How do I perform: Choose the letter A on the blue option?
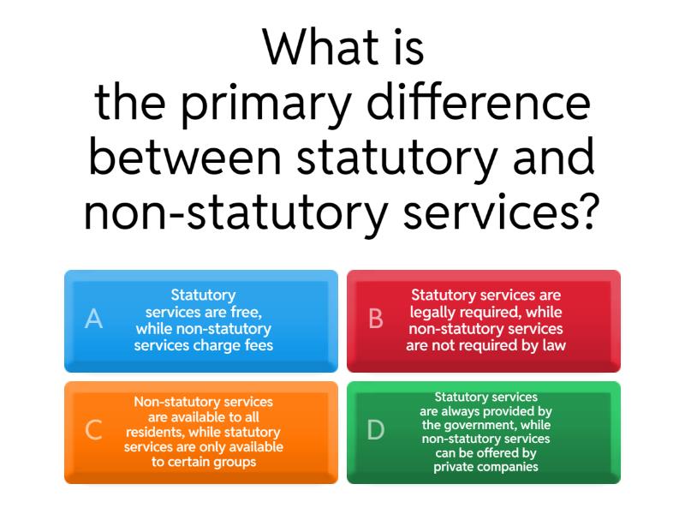pos(94,320)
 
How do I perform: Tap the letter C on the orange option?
pos(93,431)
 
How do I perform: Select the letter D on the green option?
pos(375,431)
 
